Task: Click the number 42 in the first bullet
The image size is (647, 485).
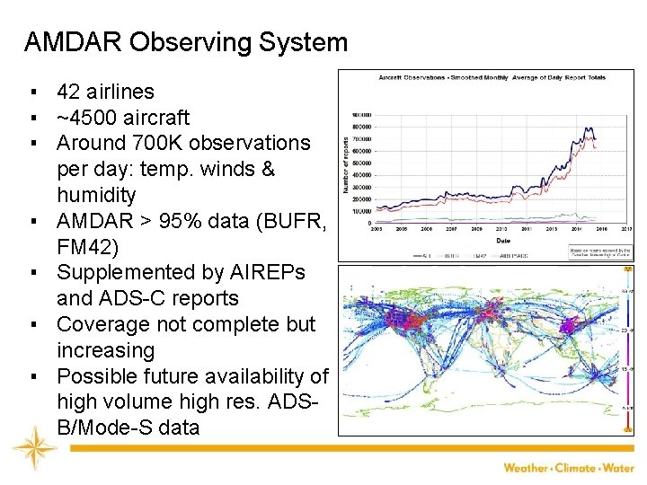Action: click(68, 92)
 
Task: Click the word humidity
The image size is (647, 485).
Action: click(96, 195)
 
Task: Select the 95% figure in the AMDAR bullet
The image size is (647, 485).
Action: click(173, 221)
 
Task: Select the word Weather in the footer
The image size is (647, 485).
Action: click(525, 467)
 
